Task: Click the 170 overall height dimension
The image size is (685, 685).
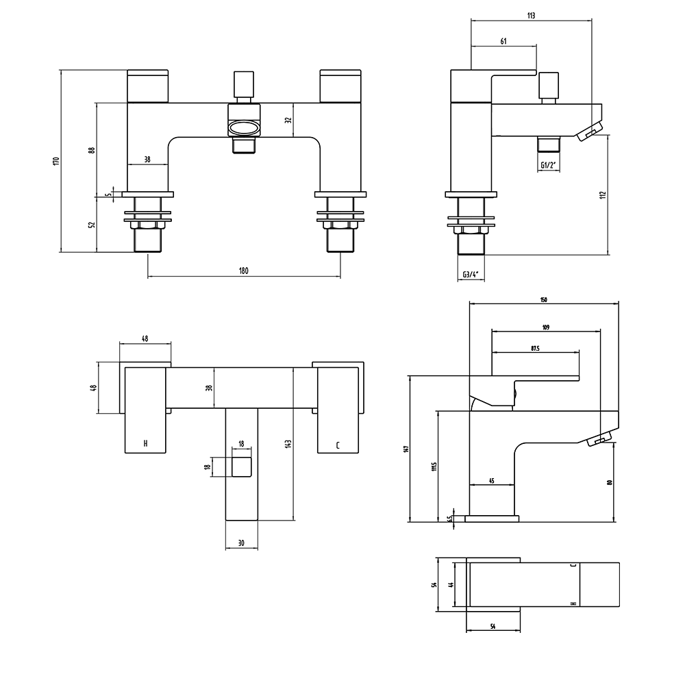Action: pyautogui.click(x=56, y=161)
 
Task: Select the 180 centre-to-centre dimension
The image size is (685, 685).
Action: pyautogui.click(x=244, y=271)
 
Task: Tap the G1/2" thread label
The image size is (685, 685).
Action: pyautogui.click(x=547, y=165)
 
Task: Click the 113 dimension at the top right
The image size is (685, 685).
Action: pyautogui.click(x=531, y=15)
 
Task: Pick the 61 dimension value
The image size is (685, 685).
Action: pyautogui.click(x=503, y=42)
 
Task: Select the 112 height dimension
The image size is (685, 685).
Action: pyautogui.click(x=602, y=195)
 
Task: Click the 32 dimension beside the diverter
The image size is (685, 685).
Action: pyautogui.click(x=288, y=119)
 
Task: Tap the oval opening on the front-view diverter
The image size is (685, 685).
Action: pyautogui.click(x=243, y=128)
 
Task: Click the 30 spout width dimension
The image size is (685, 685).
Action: pyautogui.click(x=242, y=543)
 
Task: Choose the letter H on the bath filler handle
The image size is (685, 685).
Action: pyautogui.click(x=145, y=444)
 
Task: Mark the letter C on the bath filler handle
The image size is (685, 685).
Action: pyautogui.click(x=338, y=445)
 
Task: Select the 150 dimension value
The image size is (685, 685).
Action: pyautogui.click(x=543, y=299)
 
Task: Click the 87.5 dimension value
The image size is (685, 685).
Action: pyautogui.click(x=535, y=348)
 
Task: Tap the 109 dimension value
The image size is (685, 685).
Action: pyautogui.click(x=546, y=327)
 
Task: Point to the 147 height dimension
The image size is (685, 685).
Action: pyautogui.click(x=405, y=449)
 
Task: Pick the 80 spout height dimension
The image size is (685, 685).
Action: pyautogui.click(x=608, y=482)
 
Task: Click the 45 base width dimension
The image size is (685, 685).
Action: pyautogui.click(x=492, y=481)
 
